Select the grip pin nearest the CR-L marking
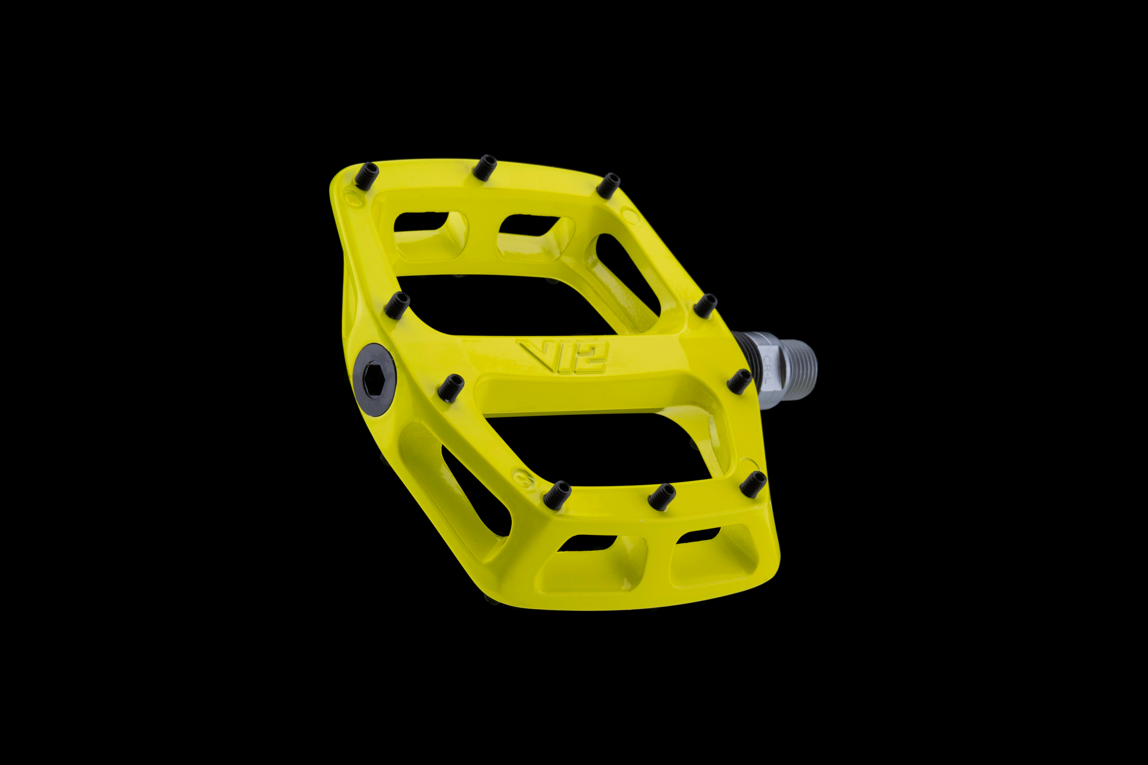[739, 380]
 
